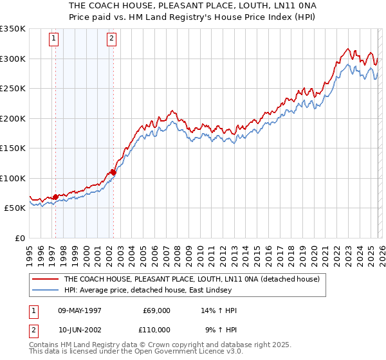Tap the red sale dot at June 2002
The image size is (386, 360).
coord(113,172)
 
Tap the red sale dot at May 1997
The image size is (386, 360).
coord(55,197)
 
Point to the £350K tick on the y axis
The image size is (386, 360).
coord(13,29)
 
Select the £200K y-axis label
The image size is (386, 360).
coord(13,118)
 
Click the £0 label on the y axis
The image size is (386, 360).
coord(19,238)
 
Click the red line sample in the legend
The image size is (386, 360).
coord(45,280)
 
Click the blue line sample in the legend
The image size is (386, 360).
coord(45,291)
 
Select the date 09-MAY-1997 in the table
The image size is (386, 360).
coord(80,310)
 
